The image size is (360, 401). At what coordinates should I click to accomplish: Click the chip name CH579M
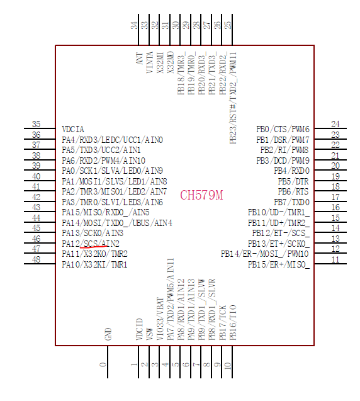click(201, 195)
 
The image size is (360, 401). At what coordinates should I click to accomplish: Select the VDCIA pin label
click(73, 129)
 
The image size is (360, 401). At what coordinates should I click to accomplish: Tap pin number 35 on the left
click(37, 125)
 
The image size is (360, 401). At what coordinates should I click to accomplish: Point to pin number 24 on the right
click(335, 125)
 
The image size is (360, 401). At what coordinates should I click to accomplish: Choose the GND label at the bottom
click(108, 334)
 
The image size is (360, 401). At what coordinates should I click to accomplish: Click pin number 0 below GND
click(103, 364)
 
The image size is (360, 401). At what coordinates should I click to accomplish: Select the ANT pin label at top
click(139, 59)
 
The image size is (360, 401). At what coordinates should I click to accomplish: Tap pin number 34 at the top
click(134, 25)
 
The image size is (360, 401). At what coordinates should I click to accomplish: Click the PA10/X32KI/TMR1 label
click(94, 264)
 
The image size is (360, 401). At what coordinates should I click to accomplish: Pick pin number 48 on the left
click(37, 260)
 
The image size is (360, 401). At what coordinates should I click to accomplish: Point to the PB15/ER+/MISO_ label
click(279, 264)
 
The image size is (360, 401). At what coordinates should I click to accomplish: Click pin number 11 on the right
click(335, 260)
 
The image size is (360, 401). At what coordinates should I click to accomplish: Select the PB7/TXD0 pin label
click(293, 202)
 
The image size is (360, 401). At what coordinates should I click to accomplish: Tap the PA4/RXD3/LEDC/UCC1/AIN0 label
click(112, 140)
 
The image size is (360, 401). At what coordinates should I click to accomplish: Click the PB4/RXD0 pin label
click(292, 171)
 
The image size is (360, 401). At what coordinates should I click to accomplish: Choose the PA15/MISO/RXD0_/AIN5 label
click(105, 213)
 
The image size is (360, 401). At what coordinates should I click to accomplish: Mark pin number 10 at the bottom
click(228, 364)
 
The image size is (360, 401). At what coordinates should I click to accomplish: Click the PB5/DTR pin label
click(294, 181)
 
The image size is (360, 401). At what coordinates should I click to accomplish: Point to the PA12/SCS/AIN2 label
click(91, 244)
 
